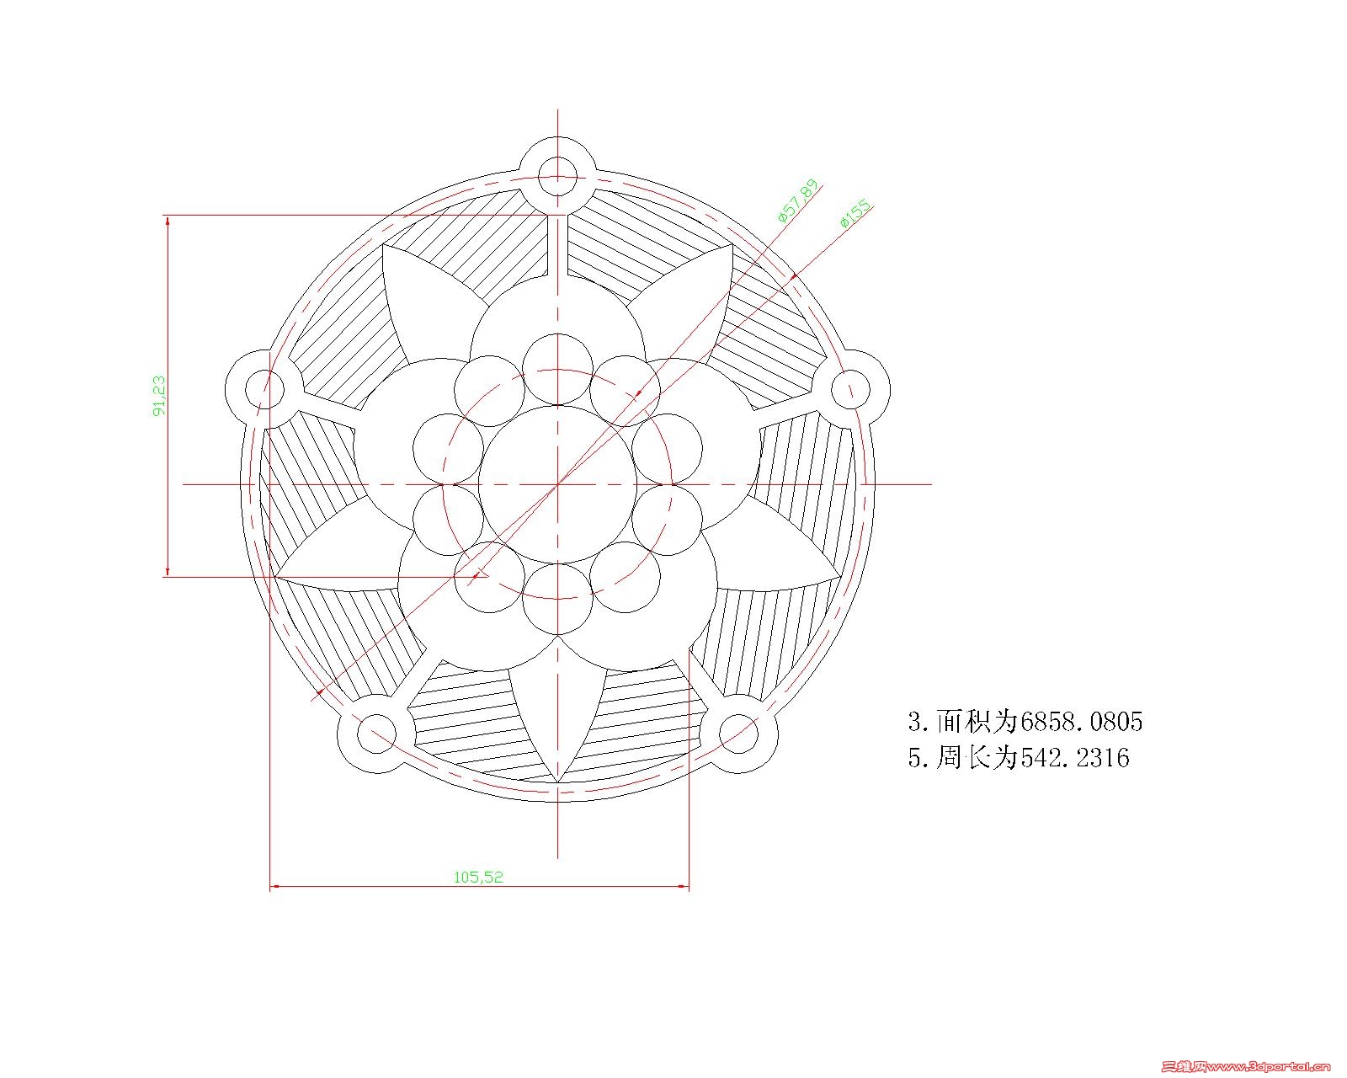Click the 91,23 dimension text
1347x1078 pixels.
coord(159,395)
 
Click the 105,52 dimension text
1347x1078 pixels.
coord(478,877)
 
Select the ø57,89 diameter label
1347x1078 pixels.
coord(797,200)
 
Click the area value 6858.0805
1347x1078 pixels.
coord(1081,722)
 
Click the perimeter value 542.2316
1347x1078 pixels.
coord(1075,758)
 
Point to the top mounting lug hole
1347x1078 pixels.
coord(557,176)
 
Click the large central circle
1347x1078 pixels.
coord(557,484)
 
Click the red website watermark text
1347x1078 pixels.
coord(1246,1066)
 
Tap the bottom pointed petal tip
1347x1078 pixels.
coord(557,780)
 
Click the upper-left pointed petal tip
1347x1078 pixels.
coord(384,247)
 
